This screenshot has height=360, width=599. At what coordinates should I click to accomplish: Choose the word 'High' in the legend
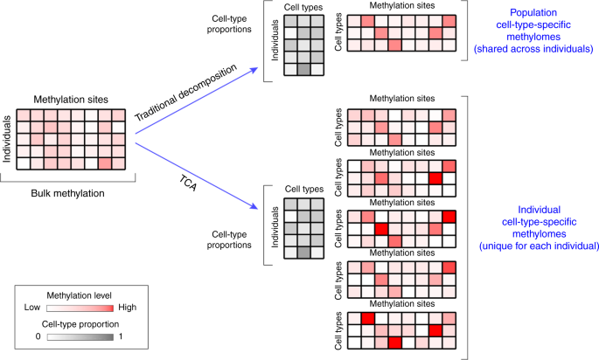coord(127,308)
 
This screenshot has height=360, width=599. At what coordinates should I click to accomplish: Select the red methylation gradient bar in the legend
coord(80,308)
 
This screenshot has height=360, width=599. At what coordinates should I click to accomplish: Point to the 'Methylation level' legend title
coord(79,294)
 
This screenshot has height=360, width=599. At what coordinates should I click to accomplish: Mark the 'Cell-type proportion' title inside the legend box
coord(79,323)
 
